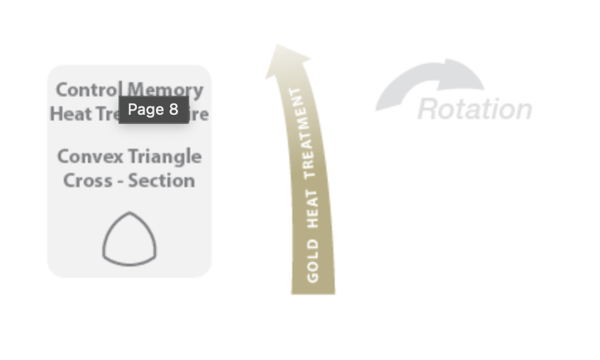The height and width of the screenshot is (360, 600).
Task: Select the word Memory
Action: click(165, 90)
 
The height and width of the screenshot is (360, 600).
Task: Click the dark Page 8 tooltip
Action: click(153, 110)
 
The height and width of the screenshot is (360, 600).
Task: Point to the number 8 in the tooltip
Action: click(173, 110)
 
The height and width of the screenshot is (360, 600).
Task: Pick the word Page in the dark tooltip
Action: click(145, 110)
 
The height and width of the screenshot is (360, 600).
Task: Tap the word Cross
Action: click(85, 180)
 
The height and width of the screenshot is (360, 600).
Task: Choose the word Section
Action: click(162, 180)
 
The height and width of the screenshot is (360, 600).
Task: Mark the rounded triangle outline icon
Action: click(129, 239)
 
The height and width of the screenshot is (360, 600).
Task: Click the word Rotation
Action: click(474, 109)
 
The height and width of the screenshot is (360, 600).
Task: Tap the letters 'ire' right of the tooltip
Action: click(199, 114)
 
